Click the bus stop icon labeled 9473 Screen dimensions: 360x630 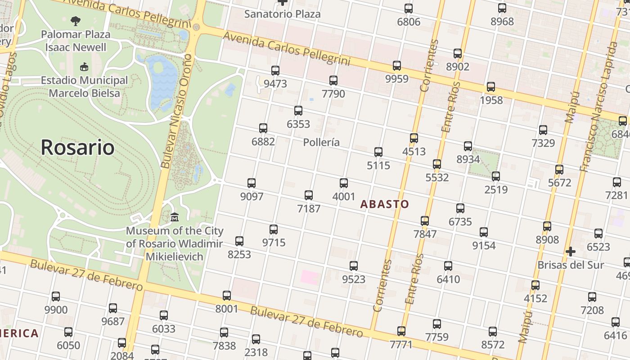pos(275,71)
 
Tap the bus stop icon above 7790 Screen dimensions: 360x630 pos(333,81)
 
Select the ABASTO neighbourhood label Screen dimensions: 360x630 pos(385,204)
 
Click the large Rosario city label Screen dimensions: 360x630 pos(77,147)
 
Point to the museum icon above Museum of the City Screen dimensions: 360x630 pos(175,218)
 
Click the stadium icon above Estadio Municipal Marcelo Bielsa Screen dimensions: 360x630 pos(84,67)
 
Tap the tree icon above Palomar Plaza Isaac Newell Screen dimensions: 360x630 pos(76,20)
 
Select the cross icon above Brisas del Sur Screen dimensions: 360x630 pos(571,251)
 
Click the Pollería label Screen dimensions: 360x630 pos(321,143)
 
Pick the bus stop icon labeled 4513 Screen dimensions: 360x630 pos(414,138)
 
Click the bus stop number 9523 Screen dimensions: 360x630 pos(354,279)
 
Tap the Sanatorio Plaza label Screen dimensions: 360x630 pos(283,14)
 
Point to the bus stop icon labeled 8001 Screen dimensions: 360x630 pos(227,296)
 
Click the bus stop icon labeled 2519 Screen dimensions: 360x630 pos(496,176)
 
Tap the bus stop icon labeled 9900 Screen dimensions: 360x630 pos(56,297)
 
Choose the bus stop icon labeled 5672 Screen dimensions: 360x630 pos(559,170)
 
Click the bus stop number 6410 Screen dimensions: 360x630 pos(448,279)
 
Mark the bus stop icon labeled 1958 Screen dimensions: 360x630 pos(491,87)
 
